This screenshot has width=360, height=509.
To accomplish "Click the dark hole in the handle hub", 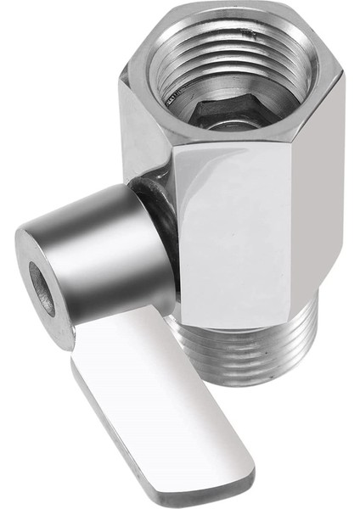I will point(42,289).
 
